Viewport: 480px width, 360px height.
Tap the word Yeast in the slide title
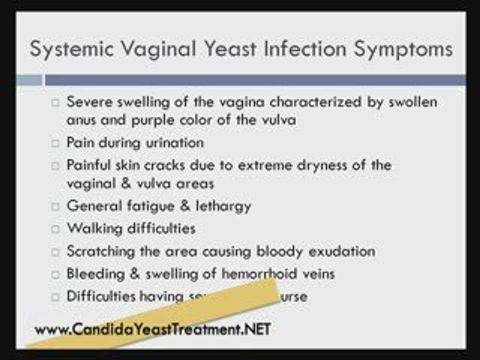click(230, 49)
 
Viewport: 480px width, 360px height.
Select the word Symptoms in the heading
click(403, 49)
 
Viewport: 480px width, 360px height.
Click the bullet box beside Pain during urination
click(55, 143)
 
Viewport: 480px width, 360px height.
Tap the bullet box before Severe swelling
click(55, 103)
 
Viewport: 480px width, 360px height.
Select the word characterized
click(315, 102)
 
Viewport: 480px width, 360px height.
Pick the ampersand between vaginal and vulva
click(126, 183)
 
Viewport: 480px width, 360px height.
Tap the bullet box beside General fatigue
click(55, 207)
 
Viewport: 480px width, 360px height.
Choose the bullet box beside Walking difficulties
click(55, 229)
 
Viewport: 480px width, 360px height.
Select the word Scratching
click(100, 251)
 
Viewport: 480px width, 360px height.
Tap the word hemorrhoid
click(259, 274)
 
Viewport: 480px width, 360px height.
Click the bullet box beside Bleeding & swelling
click(55, 274)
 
